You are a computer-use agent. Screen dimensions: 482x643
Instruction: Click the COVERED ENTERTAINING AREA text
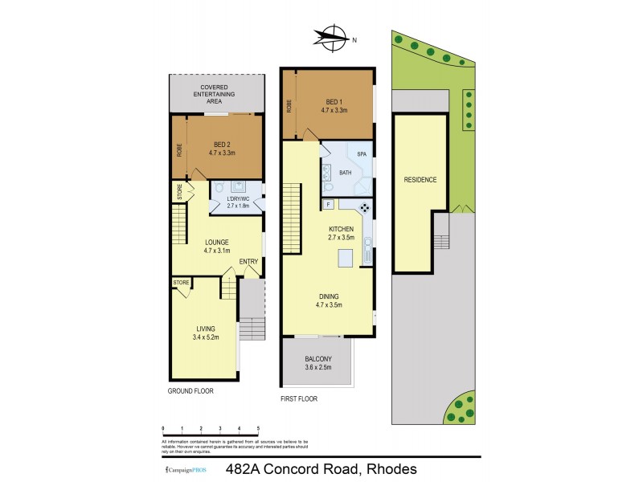217,94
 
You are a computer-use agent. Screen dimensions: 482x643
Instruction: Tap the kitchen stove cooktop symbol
364,208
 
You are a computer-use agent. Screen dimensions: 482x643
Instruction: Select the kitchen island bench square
346,257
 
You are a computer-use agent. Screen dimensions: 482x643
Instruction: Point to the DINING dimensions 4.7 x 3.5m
330,304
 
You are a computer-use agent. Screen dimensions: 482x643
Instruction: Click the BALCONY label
318,359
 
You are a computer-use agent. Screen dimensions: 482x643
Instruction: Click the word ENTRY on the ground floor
248,260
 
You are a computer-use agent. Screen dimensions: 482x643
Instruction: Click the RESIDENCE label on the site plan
420,179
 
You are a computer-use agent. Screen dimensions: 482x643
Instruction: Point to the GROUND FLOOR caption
191,390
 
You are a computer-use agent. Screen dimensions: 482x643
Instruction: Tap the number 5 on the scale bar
257,429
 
